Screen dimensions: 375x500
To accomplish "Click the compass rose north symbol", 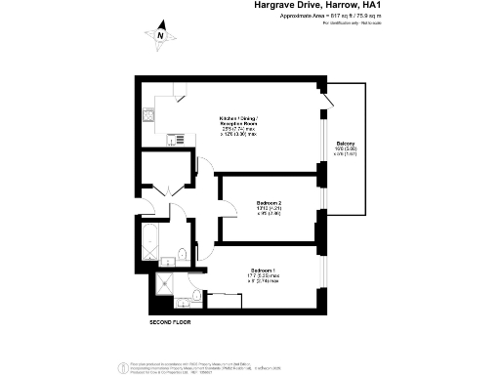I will pos(160,36).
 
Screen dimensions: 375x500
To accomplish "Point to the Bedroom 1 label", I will pos(262,275).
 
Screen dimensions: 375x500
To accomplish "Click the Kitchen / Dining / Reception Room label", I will pos(237,125).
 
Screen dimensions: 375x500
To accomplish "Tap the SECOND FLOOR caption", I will pos(170,321).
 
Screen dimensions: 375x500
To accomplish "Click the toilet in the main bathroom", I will pos(183,258).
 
